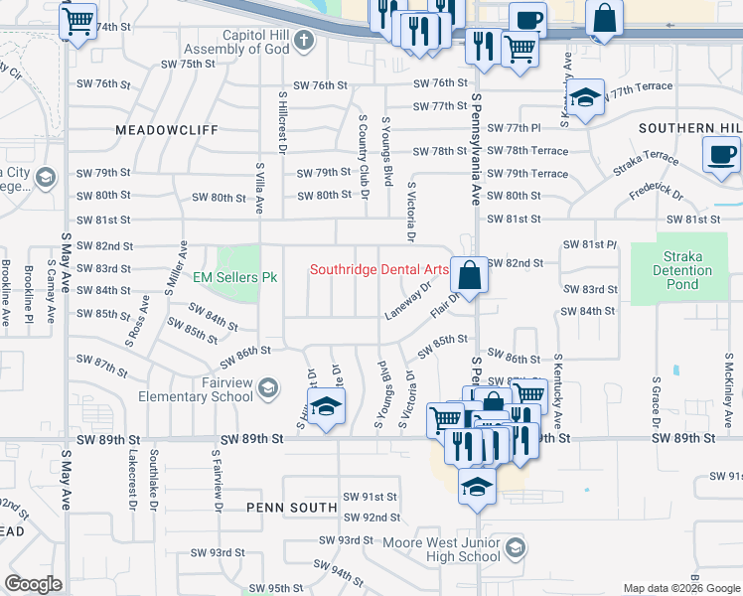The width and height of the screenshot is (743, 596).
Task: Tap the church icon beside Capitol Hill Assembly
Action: tap(305, 41)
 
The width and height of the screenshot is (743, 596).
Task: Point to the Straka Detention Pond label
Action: tap(682, 270)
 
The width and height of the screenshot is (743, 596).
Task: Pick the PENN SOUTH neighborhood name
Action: tap(293, 508)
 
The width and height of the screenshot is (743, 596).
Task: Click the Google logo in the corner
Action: tap(34, 583)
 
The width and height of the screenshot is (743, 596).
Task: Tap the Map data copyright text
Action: tap(680, 588)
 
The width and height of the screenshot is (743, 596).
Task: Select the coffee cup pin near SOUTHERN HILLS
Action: tap(721, 155)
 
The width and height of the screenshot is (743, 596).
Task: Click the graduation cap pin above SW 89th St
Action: tap(325, 408)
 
